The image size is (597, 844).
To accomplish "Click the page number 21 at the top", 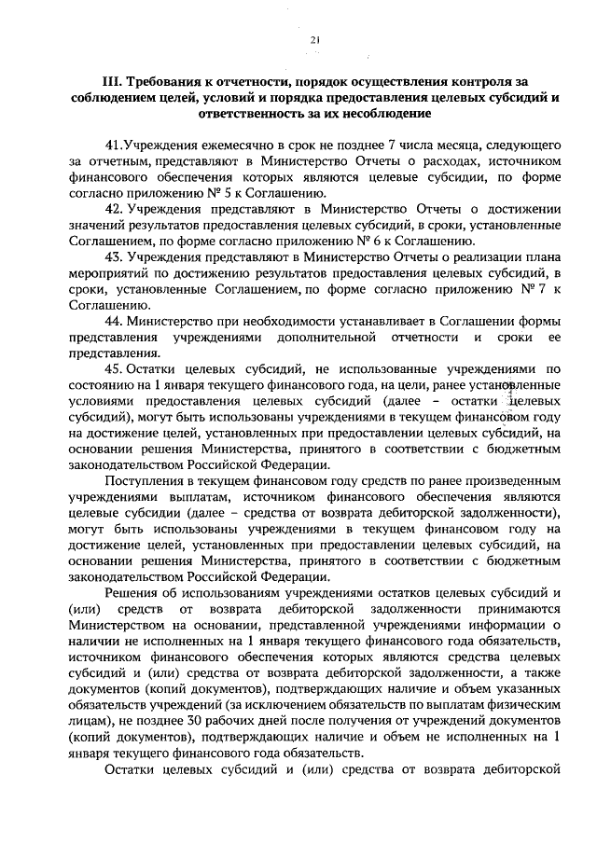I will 314,38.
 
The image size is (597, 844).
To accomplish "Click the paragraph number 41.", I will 113,146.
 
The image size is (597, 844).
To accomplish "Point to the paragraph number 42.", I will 114,206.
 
